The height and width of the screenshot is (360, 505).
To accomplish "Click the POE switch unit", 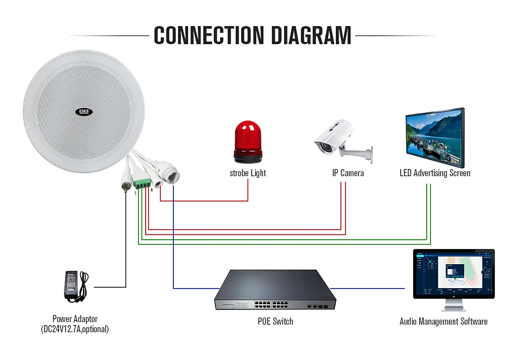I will coord(276,290).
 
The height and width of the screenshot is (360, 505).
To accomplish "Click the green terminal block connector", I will coord(142,184).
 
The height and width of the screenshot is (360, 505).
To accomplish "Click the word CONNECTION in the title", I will coord(209,35).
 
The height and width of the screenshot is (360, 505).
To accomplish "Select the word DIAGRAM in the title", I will coord(311,35).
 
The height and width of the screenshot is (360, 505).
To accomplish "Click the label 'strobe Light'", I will coord(248,173).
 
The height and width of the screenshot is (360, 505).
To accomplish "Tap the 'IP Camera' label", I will coord(348,173).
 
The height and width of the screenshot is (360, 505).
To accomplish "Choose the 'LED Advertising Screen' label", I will coord(435,173).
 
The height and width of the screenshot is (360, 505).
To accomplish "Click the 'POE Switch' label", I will coord(275,322).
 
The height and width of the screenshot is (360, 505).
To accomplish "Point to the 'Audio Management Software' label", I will coord(443,322).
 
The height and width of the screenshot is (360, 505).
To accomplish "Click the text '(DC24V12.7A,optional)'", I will coord(75,329).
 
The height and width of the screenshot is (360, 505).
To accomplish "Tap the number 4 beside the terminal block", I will coord(151,190).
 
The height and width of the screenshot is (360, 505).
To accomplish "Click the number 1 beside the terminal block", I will coord(136,193).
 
